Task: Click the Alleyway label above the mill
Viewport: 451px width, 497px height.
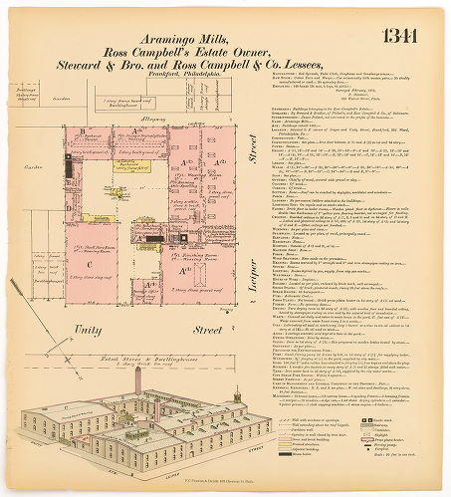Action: tap(149, 119)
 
